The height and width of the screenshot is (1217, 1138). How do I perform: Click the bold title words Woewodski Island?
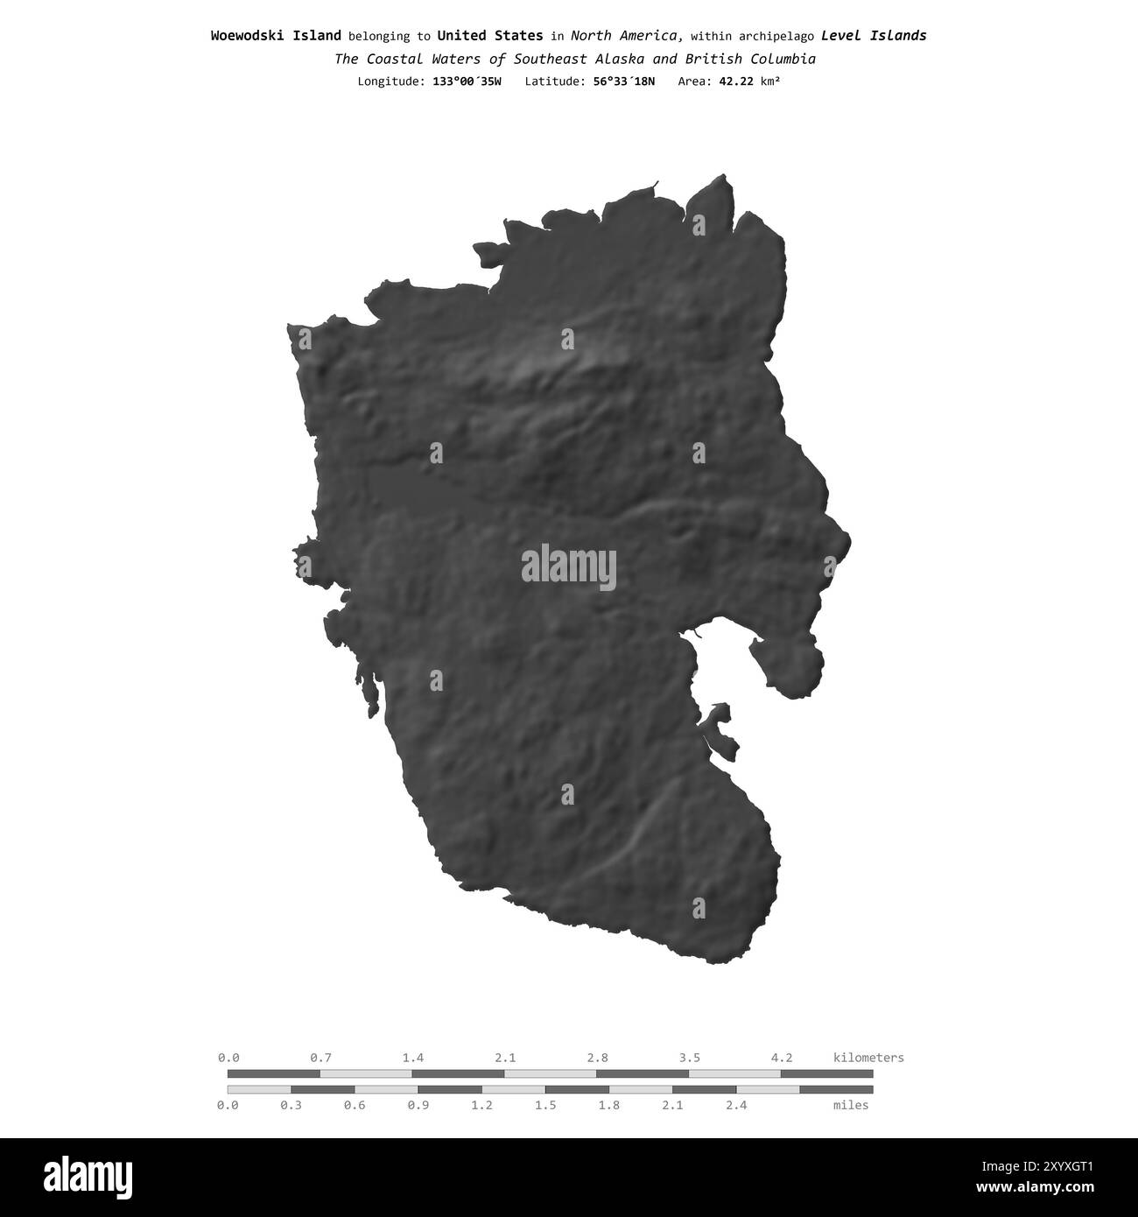(x=276, y=36)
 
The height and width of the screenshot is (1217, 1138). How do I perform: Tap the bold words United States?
(x=489, y=36)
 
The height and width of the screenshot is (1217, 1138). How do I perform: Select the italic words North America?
(x=626, y=36)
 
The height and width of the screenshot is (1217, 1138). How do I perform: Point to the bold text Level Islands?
(x=874, y=36)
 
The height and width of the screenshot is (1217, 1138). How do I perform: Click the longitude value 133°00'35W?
(x=467, y=81)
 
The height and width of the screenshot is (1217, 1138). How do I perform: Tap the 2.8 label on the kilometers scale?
(x=598, y=1058)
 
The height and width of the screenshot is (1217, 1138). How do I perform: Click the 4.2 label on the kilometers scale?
(x=782, y=1058)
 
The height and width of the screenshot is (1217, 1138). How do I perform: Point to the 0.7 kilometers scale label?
(x=320, y=1058)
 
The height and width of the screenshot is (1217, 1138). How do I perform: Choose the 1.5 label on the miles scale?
(x=545, y=1105)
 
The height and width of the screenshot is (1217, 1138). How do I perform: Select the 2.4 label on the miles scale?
(x=736, y=1105)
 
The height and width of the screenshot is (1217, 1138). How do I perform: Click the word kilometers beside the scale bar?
(x=868, y=1058)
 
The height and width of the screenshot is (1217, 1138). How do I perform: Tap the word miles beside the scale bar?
(x=851, y=1105)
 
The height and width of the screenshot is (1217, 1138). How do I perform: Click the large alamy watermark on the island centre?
(x=569, y=567)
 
